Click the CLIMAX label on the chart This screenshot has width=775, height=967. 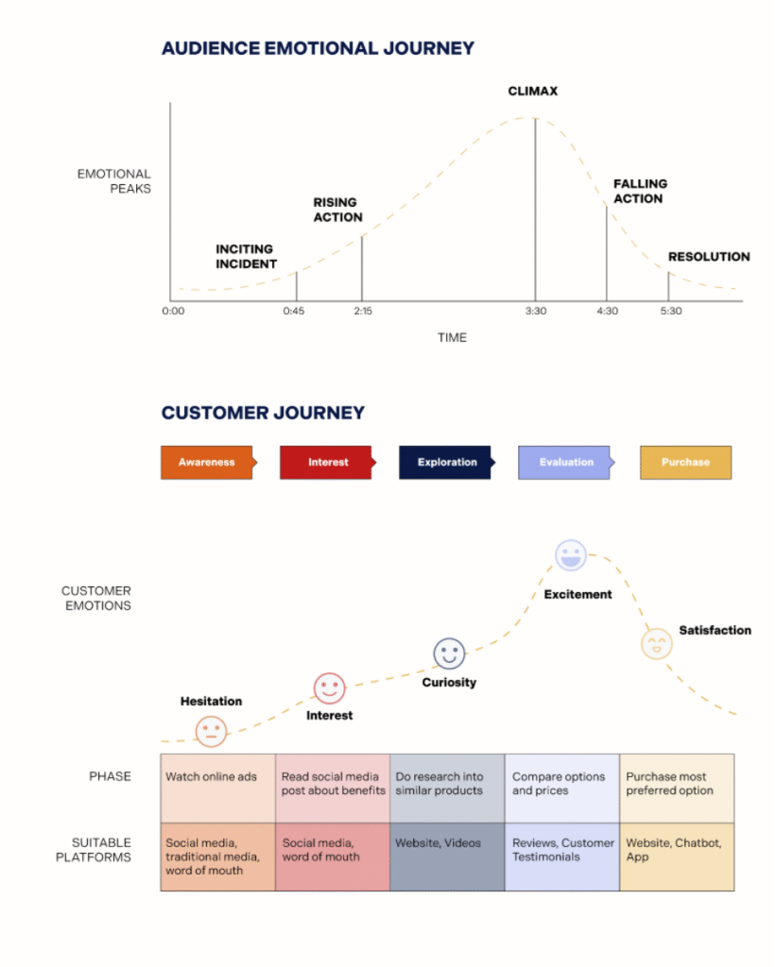(x=532, y=92)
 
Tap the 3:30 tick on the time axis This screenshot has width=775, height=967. (x=536, y=311)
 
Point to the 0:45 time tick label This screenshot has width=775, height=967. (x=294, y=311)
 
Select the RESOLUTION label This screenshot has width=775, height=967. (x=709, y=257)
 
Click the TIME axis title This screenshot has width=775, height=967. (x=453, y=337)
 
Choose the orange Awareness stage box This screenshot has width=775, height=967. (x=208, y=463)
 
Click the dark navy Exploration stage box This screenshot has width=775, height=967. (x=446, y=463)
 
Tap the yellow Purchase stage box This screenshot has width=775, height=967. (x=685, y=463)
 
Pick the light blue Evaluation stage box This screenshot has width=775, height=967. (x=566, y=463)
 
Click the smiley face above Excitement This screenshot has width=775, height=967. (x=571, y=555)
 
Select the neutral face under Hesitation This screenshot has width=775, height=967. (x=211, y=732)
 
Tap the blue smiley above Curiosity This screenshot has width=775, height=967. (x=449, y=653)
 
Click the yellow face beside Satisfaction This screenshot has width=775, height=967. (x=657, y=644)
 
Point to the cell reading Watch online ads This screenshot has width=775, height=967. (x=217, y=789)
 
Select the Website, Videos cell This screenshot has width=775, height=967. (x=447, y=857)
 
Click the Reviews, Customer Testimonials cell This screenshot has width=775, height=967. (x=562, y=857)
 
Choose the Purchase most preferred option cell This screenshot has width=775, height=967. (x=677, y=789)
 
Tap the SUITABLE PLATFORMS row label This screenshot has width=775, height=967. (x=94, y=850)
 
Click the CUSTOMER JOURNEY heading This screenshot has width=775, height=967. (x=264, y=413)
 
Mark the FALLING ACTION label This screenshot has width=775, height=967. (x=640, y=191)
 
